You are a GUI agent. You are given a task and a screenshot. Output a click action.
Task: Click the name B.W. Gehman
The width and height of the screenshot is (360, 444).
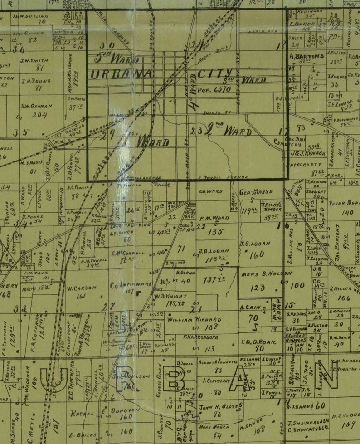(x=36, y=107)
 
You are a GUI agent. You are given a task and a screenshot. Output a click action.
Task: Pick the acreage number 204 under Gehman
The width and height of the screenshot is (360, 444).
(x=40, y=115)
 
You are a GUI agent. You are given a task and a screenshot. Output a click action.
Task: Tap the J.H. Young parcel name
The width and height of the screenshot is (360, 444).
(x=36, y=81)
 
